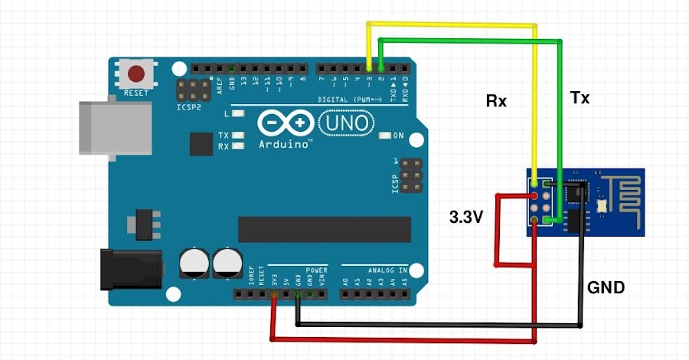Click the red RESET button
(x=137, y=75)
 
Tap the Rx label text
(x=496, y=100)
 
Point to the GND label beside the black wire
(x=606, y=288)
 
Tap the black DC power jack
(x=130, y=267)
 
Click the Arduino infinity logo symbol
(x=285, y=123)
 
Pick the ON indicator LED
(x=385, y=136)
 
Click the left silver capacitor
(x=194, y=263)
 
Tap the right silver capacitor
(x=228, y=263)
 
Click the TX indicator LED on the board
(x=239, y=136)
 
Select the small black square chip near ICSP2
(x=201, y=143)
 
